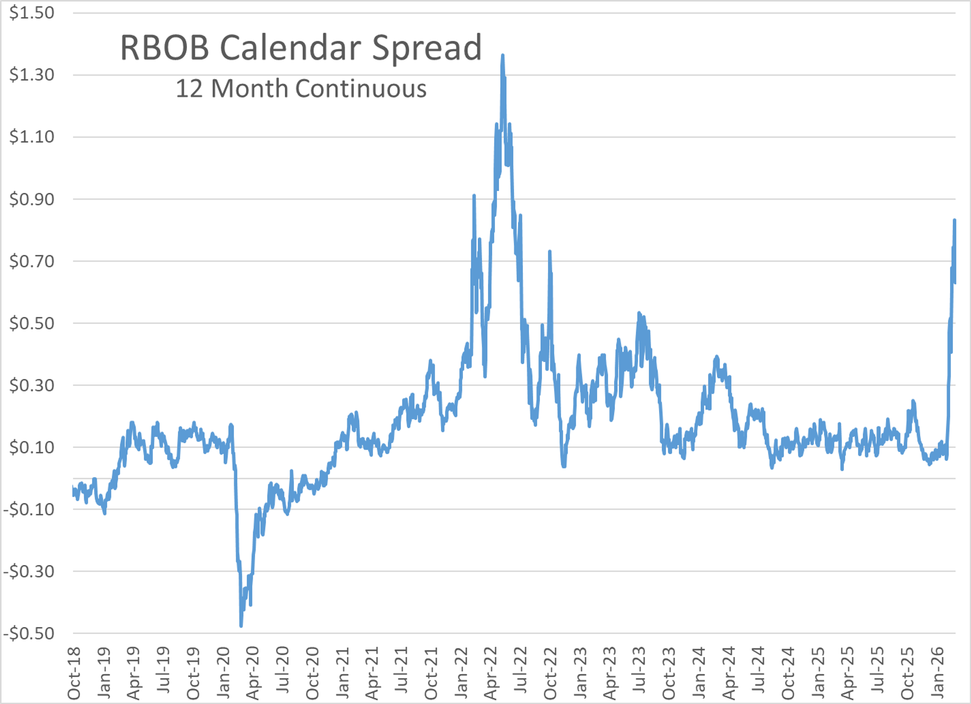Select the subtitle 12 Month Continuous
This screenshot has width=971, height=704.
[301, 89]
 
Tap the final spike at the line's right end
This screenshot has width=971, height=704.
[954, 221]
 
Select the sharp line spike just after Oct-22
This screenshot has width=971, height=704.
[549, 252]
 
